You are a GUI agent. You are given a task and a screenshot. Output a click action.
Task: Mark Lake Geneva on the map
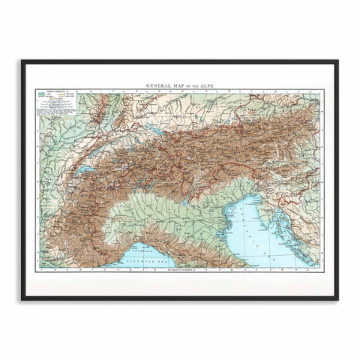click(88, 170)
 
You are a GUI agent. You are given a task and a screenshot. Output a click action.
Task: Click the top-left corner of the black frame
click(22, 61)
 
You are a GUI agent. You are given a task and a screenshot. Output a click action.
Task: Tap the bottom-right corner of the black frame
click(337, 298)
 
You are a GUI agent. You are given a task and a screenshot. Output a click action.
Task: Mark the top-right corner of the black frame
click(337, 61)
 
